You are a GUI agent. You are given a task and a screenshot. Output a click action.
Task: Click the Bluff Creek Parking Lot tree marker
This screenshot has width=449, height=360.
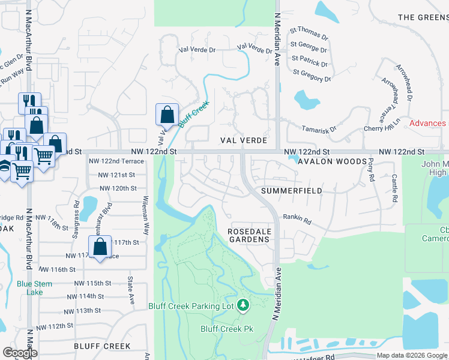point(243,306)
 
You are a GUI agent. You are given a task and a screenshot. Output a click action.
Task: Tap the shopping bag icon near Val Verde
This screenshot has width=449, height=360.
point(167,115)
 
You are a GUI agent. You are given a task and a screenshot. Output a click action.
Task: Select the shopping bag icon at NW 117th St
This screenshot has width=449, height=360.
point(100,247)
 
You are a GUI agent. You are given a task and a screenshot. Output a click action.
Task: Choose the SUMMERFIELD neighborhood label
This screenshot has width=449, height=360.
point(291,191)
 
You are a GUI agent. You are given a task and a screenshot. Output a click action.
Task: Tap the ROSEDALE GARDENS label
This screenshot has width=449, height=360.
point(249,235)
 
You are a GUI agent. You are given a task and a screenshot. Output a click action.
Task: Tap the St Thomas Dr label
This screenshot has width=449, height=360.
point(309,32)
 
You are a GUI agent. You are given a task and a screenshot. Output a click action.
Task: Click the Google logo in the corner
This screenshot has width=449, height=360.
point(20,353)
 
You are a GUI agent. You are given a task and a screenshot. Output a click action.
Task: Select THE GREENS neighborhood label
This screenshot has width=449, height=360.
point(423,17)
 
